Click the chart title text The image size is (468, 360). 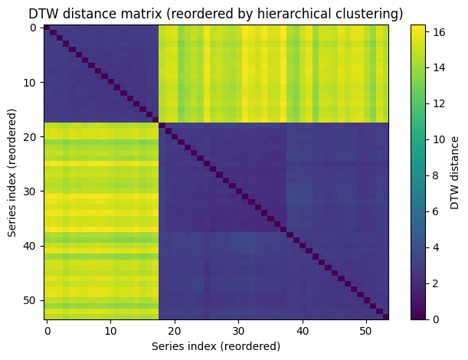[x=216, y=13]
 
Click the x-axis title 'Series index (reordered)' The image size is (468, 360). [x=216, y=346]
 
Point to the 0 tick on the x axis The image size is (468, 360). [x=47, y=331]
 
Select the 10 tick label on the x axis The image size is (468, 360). [x=110, y=331]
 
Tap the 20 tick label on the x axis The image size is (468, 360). [x=175, y=331]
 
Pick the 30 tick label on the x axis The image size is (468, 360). [x=238, y=331]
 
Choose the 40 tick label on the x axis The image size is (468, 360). [x=302, y=331]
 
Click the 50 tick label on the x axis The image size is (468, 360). [x=365, y=331]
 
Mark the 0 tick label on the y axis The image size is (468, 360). [x=34, y=28]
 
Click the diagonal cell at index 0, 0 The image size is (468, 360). [x=47, y=28]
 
